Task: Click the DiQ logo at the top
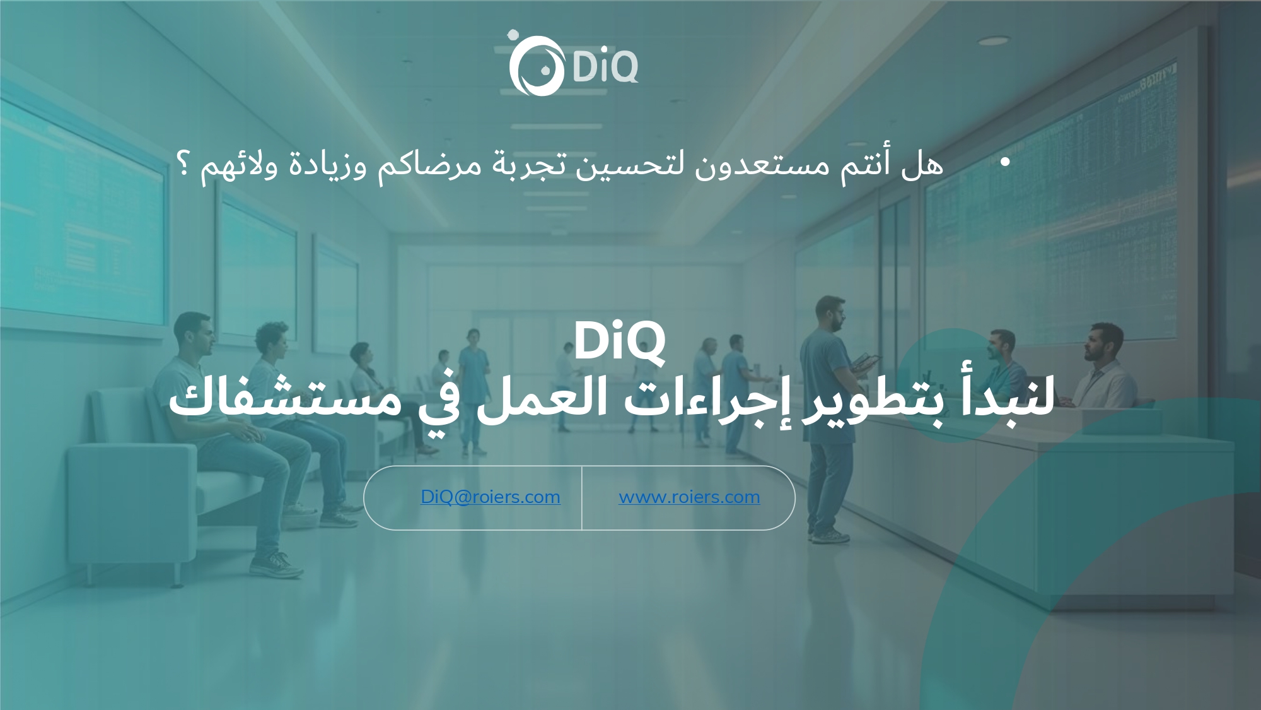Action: tap(573, 63)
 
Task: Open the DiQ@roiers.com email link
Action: tap(491, 497)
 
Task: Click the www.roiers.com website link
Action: tap(689, 497)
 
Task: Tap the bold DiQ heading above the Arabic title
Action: tap(619, 341)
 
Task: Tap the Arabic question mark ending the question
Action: tap(184, 165)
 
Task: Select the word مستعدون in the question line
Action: tap(766, 165)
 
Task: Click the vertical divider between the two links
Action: tap(581, 498)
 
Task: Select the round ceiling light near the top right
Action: tap(994, 40)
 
